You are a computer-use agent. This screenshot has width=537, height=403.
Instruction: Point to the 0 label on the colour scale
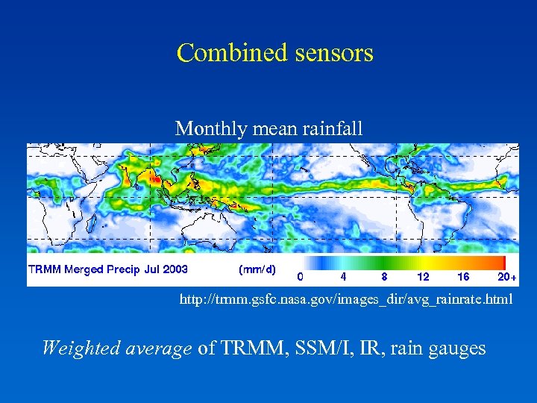(x=300, y=276)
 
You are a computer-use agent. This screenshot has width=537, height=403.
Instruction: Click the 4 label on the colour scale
(x=343, y=276)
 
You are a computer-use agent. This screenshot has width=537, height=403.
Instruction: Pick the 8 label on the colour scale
(x=384, y=276)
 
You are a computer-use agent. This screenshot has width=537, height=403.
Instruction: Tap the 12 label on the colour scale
(x=424, y=276)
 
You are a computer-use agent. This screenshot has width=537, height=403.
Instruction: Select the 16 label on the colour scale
(x=464, y=276)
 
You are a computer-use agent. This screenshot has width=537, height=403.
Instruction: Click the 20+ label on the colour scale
(x=507, y=276)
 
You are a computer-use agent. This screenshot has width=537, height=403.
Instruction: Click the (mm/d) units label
(x=257, y=269)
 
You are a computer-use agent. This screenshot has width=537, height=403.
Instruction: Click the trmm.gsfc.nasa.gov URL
(x=345, y=299)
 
